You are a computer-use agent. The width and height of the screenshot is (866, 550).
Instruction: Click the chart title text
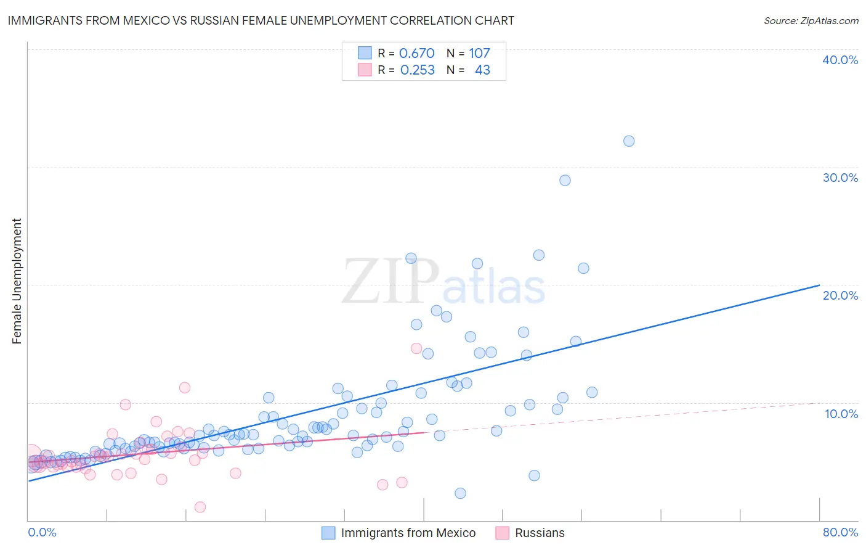coord(261,20)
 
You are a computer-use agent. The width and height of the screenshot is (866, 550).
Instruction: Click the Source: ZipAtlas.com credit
coord(811,20)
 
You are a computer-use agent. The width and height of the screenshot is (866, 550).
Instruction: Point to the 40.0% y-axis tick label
coord(840,60)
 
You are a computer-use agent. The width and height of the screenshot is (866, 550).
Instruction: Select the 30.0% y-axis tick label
coord(840,178)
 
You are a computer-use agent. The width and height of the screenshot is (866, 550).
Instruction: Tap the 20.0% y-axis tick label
coord(840,295)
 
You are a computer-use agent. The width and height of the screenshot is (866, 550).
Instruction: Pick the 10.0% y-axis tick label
coord(841,414)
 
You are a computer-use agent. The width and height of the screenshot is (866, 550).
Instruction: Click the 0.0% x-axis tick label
coord(42,532)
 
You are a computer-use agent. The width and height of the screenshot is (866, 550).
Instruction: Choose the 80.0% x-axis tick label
coord(840,532)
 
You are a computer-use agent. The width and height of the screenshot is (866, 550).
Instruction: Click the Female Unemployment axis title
coord(17,281)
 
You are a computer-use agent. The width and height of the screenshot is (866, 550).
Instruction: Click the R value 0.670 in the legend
coord(417,54)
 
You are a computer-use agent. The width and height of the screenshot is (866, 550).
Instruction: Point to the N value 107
coord(479,54)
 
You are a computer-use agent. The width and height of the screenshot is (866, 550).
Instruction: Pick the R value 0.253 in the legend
coord(417,70)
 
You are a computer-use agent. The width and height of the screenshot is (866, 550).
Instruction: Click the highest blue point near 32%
coord(628,141)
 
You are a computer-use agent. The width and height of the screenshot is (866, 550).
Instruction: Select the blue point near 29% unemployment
coord(565,180)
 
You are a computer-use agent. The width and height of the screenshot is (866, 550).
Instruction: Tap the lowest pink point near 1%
coord(200,507)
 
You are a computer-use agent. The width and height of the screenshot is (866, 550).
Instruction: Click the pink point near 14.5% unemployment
coord(416,348)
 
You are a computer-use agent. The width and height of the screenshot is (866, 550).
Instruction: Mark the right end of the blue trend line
coord(819,285)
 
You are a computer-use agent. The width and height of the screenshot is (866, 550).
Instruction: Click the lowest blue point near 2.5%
coord(460,493)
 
